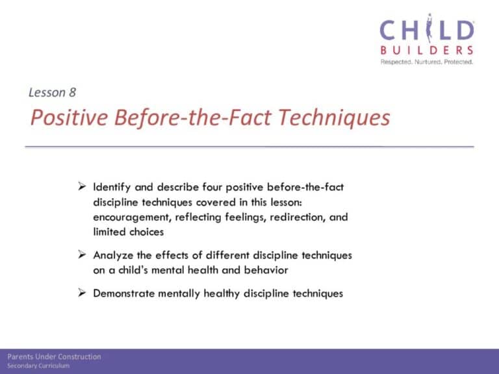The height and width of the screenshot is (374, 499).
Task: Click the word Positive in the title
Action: point(69,118)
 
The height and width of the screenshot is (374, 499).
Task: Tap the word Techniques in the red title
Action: point(334,118)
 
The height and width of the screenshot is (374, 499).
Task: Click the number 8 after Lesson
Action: point(72,93)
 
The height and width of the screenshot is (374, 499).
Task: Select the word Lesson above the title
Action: point(47,93)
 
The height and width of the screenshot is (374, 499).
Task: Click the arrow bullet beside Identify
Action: point(82,186)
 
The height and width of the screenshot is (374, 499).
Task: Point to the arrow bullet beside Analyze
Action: point(82,255)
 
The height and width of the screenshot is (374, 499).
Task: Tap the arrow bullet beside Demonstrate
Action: point(82,293)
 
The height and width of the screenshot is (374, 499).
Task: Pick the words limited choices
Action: point(129,232)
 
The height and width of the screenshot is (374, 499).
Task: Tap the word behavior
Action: point(266,270)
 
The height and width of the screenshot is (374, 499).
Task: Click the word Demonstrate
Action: point(124,293)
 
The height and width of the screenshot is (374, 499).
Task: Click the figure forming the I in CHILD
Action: point(429,28)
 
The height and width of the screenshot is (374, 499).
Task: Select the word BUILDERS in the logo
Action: point(427,50)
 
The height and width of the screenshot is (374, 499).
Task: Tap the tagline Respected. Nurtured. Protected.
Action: point(427,62)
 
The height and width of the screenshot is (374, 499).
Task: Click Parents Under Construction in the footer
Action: point(54,357)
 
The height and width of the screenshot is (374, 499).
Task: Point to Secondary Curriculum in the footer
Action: point(38,366)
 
